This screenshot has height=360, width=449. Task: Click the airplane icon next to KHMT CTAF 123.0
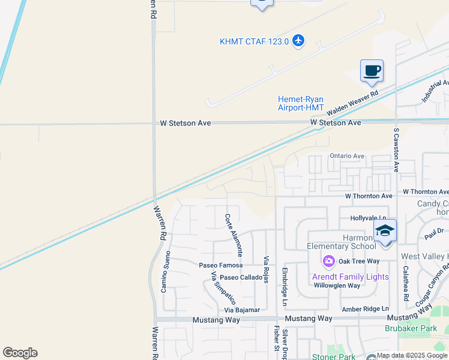299,41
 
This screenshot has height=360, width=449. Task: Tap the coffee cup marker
372,71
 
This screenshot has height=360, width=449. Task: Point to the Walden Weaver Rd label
352,103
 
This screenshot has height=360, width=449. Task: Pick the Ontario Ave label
347,156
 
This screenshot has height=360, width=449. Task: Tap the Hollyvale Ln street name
368,218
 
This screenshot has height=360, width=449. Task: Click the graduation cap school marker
385,230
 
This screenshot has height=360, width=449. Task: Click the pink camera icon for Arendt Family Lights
328,260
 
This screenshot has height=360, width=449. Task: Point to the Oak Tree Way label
359,261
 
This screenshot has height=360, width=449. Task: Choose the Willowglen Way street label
337,286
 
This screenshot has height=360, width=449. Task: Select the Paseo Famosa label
221,265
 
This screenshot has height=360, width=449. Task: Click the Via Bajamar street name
242,310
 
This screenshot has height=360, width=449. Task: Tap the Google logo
20,353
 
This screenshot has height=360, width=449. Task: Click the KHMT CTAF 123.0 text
255,41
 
